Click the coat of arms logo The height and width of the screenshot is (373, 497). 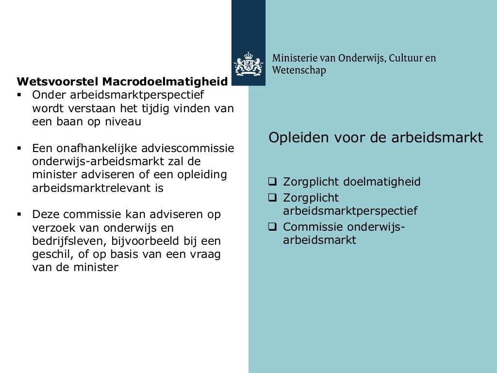pyautogui.click(x=248, y=64)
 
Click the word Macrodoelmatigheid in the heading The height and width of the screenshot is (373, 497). pyautogui.click(x=165, y=81)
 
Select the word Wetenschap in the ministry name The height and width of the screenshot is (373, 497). pyautogui.click(x=299, y=70)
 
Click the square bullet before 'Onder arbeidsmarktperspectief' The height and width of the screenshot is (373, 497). pyautogui.click(x=19, y=94)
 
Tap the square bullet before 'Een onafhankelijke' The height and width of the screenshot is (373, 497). pyautogui.click(x=19, y=148)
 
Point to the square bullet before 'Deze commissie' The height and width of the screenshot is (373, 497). pyautogui.click(x=19, y=214)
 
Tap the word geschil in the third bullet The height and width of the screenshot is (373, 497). pyautogui.click(x=49, y=254)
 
